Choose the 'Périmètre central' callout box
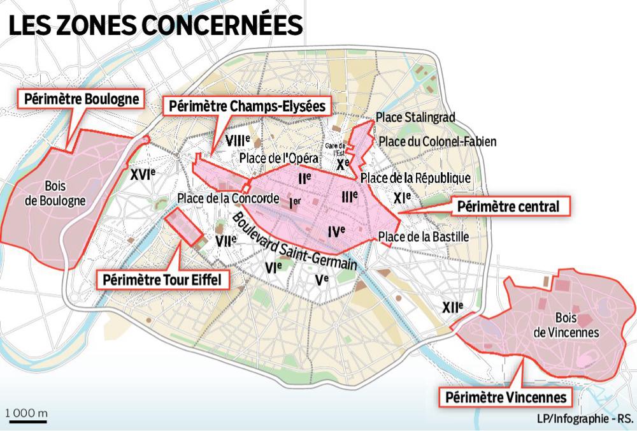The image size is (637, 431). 510,207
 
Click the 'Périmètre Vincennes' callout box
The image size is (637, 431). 503,398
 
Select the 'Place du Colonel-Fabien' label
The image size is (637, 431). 436,141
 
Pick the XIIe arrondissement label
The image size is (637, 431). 452,308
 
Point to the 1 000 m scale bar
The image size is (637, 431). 25,416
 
